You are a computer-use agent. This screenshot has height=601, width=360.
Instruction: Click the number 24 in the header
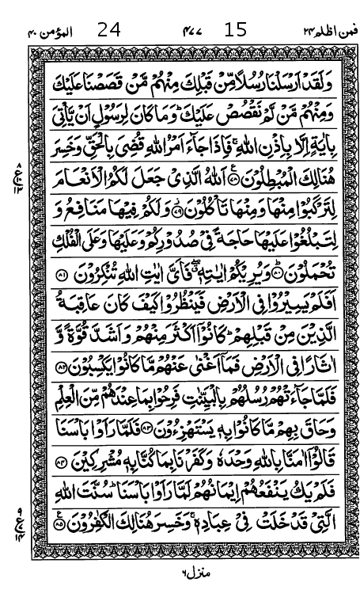pos(110,31)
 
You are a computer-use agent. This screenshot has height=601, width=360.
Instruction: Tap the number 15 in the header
pos(236,31)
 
